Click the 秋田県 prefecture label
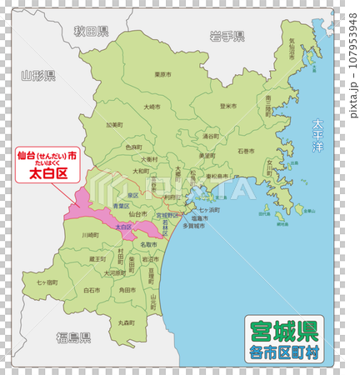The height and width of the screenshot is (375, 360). [x=91, y=32]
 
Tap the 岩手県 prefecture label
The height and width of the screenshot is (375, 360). [x=227, y=36]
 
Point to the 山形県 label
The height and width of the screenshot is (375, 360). [x=38, y=76]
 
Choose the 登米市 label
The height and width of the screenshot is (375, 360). [x=227, y=106]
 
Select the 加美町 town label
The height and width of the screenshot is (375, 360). [x=114, y=126]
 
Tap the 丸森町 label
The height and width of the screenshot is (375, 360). [x=127, y=321]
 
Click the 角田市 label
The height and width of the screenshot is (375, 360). [x=127, y=289]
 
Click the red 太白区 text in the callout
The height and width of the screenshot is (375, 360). [x=47, y=174]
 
